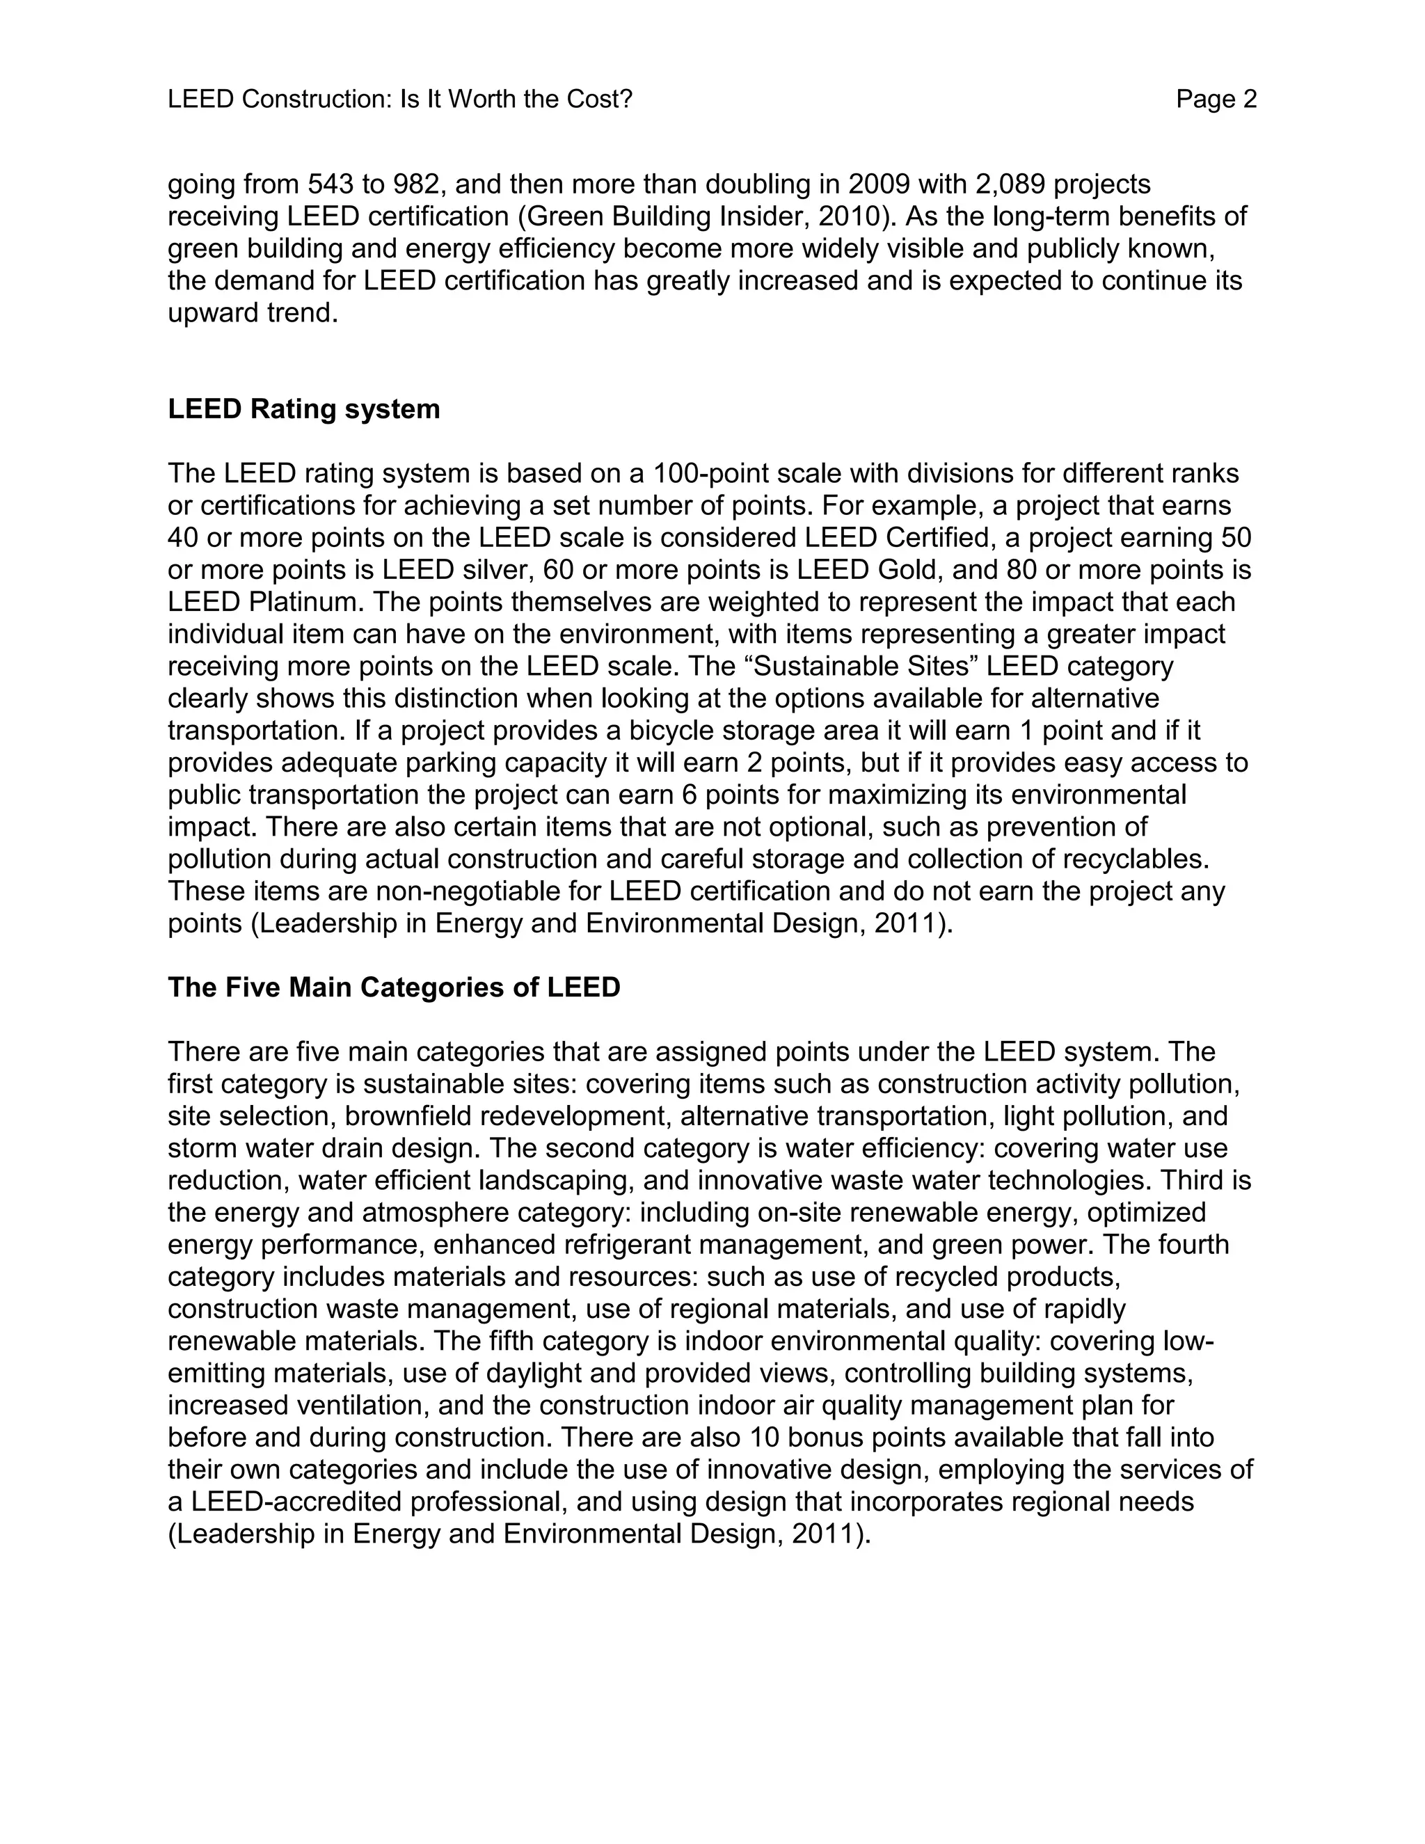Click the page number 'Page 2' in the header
tap(1216, 100)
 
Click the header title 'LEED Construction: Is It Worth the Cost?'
tap(399, 100)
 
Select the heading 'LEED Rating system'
tap(304, 409)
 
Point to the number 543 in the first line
tap(332, 184)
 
